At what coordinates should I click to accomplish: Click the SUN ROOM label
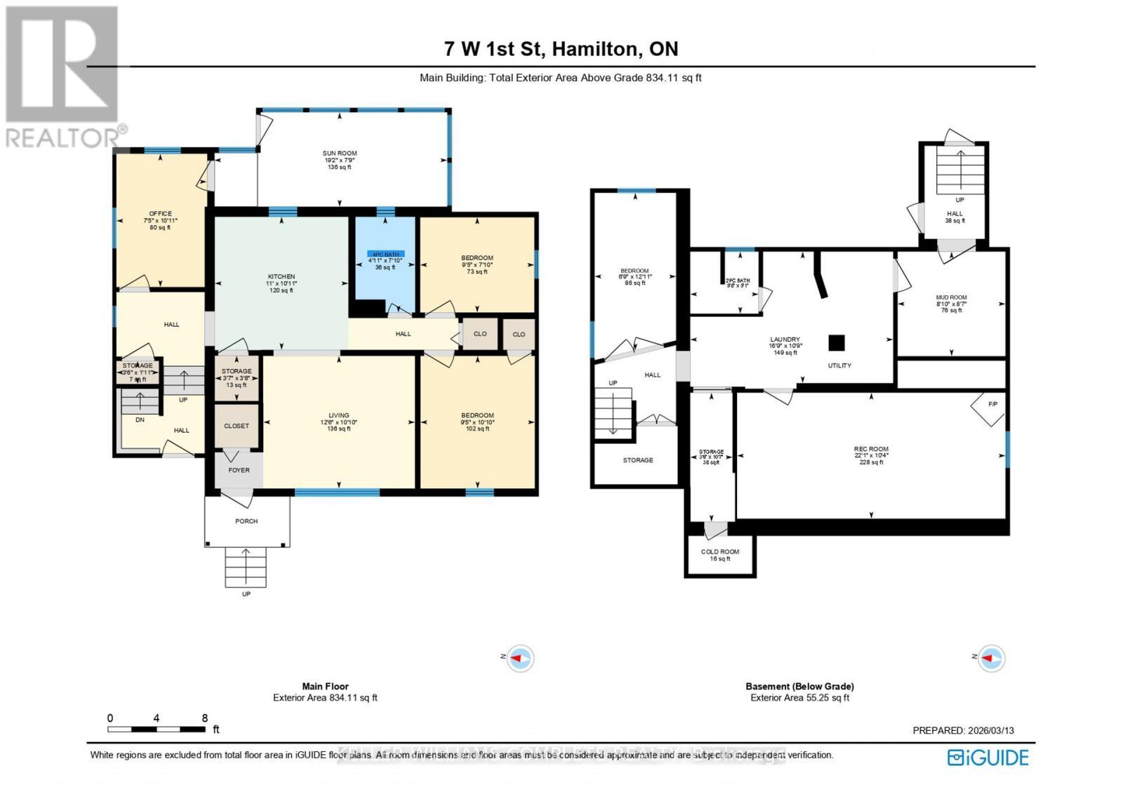tap(340, 153)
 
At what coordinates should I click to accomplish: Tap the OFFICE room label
tap(160, 214)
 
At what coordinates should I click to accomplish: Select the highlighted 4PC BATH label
tap(385, 254)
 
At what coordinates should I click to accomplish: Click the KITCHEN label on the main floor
tap(281, 276)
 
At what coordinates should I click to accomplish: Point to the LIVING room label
tap(339, 415)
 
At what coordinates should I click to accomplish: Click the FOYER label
tap(239, 470)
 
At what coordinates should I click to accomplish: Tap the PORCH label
tap(246, 521)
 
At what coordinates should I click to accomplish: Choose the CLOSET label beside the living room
tap(237, 426)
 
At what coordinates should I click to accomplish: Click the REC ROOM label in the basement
tap(871, 449)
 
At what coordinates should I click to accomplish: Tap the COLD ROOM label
tap(720, 552)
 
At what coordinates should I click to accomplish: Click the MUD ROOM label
tap(951, 297)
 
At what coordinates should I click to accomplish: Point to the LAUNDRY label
tap(785, 339)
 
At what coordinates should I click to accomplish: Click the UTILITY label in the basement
tap(839, 365)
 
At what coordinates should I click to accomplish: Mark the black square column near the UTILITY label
tap(836, 343)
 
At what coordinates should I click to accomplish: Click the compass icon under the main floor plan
tap(520, 658)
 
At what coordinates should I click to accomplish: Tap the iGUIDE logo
tap(988, 758)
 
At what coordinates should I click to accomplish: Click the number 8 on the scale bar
tap(205, 718)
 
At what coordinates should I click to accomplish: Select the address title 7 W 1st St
tap(496, 48)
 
